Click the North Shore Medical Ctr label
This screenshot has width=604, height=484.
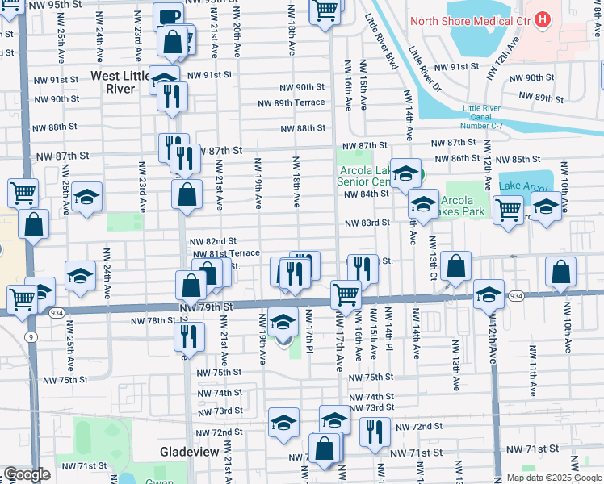[x=471, y=19]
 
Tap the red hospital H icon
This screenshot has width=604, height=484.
[x=543, y=18]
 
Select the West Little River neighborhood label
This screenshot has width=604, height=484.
[x=123, y=82]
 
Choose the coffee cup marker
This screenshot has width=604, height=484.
[x=169, y=16]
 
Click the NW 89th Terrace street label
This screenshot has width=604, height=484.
[x=291, y=102]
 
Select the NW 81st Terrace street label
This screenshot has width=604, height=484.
[x=225, y=253]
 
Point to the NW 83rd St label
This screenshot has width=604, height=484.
[x=367, y=223]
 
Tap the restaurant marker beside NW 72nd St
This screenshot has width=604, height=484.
[x=375, y=432]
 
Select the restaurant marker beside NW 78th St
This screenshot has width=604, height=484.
[x=188, y=336]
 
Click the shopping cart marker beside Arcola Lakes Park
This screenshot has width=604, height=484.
[x=507, y=209]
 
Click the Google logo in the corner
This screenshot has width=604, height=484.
[x=27, y=474]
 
